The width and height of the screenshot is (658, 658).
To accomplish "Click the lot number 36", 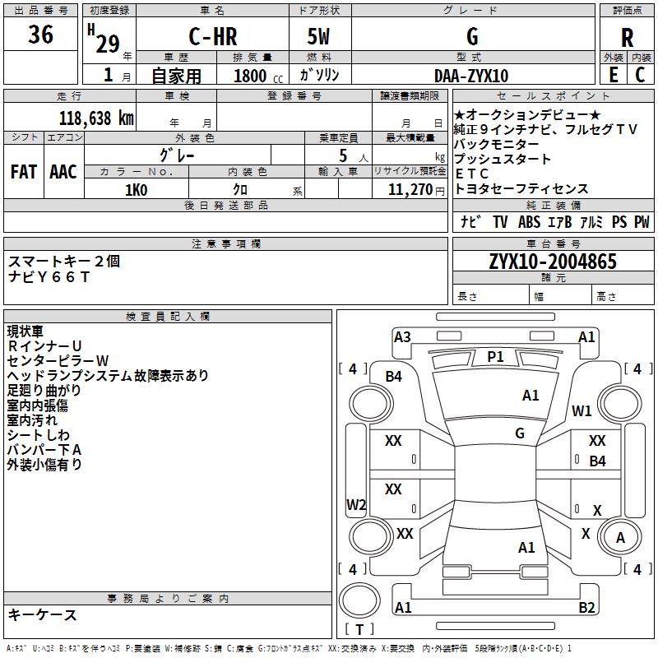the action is tap(40, 35).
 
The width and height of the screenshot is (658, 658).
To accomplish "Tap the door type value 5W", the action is tap(320, 37).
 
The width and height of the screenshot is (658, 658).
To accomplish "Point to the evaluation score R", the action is tap(627, 37).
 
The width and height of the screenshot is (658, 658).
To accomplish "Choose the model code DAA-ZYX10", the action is tap(471, 76).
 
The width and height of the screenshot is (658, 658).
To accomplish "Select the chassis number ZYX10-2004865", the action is tap(552, 262).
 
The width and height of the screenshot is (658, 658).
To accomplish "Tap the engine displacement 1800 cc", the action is tap(255, 76).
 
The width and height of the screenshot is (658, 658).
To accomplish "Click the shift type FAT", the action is tap(24, 172).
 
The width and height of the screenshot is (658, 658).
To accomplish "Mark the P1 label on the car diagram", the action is tap(495, 356).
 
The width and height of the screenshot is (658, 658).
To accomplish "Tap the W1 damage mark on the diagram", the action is tap(582, 410).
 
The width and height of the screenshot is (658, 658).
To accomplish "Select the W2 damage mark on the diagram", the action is tap(356, 504).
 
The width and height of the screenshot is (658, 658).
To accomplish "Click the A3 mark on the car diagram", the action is tap(402, 336).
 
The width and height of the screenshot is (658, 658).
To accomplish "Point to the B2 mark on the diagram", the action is tap(586, 608).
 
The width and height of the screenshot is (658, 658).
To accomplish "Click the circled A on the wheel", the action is tap(621, 537).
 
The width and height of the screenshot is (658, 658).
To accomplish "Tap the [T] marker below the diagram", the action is tap(359, 629).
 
